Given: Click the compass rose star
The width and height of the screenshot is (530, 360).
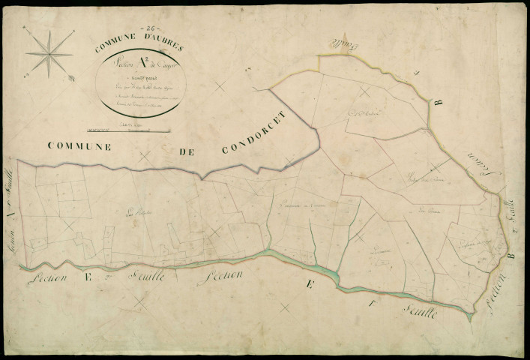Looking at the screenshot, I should [x=49, y=53].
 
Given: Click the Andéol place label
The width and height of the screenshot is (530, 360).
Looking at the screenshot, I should [x=363, y=113].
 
